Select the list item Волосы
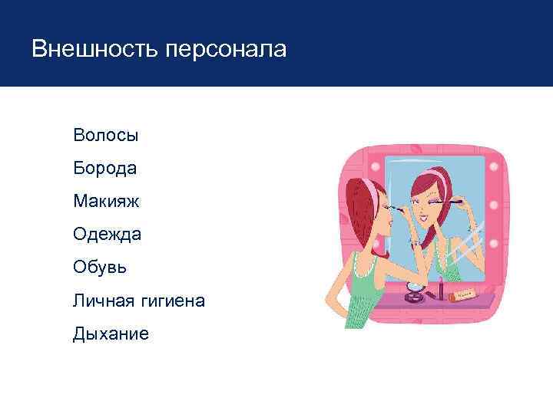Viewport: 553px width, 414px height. [106, 136]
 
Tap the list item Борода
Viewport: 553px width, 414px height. [105, 169]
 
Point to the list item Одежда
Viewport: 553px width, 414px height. [108, 235]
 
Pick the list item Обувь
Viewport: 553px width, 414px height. [101, 268]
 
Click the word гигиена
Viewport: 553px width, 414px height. [173, 301]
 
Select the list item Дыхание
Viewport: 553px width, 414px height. [111, 333]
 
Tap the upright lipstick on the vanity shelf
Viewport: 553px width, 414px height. [440, 292]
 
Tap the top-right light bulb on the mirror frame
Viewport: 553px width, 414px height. [494, 166]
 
